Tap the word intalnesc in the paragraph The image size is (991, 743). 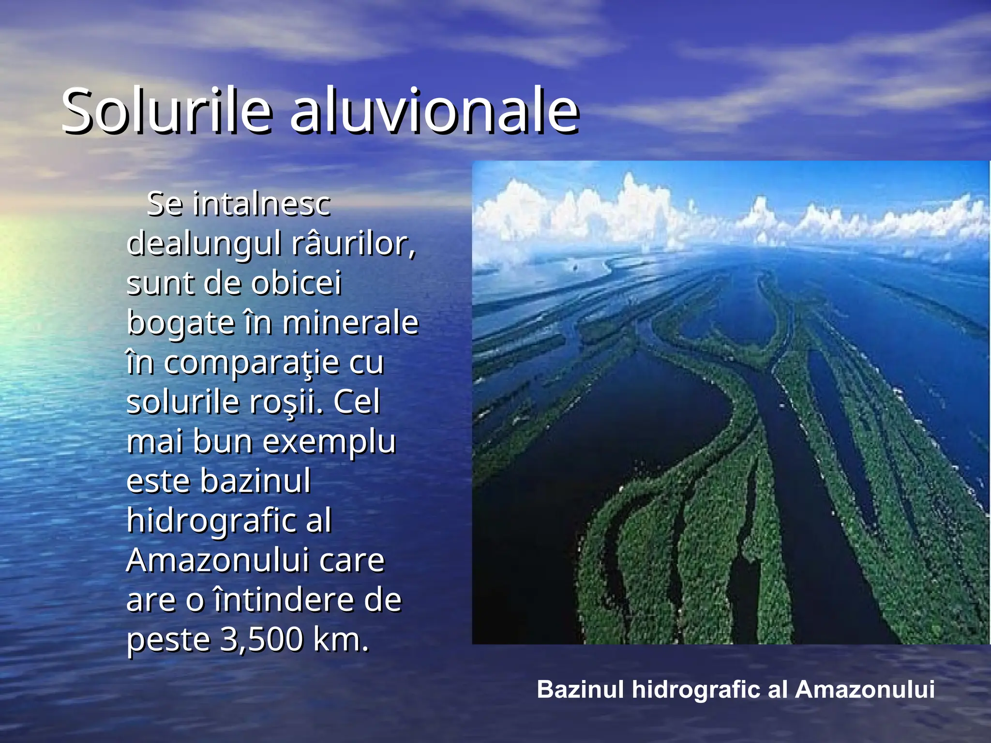pos(261,204)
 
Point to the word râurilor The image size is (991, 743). pos(353,243)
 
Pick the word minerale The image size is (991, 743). pos(350,323)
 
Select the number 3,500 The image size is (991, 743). pos(262,640)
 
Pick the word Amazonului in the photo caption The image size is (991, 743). pos(865,690)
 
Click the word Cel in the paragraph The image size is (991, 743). pos(357,402)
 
